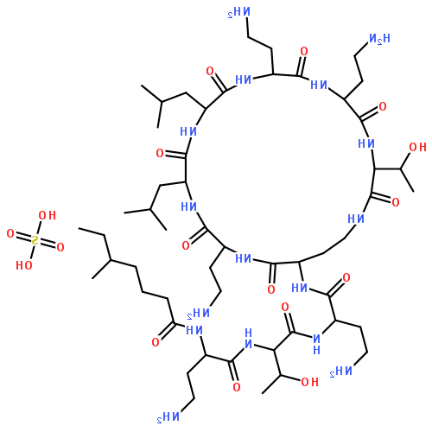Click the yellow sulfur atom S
[35, 240]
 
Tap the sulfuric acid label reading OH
[48, 215]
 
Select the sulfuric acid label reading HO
[24, 265]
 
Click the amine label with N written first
[379, 38]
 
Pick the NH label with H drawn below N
[316, 345]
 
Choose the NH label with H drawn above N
[248, 338]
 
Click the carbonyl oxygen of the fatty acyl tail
[156, 342]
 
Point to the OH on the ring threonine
[417, 147]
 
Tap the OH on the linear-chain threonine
[309, 382]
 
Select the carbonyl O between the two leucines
[160, 153]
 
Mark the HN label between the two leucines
[188, 131]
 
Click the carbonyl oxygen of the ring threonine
[396, 202]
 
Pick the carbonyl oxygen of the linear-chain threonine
[285, 307]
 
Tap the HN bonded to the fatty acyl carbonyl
[194, 330]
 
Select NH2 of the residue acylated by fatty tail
[168, 417]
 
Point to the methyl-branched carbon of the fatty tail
[110, 260]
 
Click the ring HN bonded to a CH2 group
[356, 219]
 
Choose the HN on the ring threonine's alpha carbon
[366, 143]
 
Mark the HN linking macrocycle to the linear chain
[300, 288]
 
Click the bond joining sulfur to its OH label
[39, 228]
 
